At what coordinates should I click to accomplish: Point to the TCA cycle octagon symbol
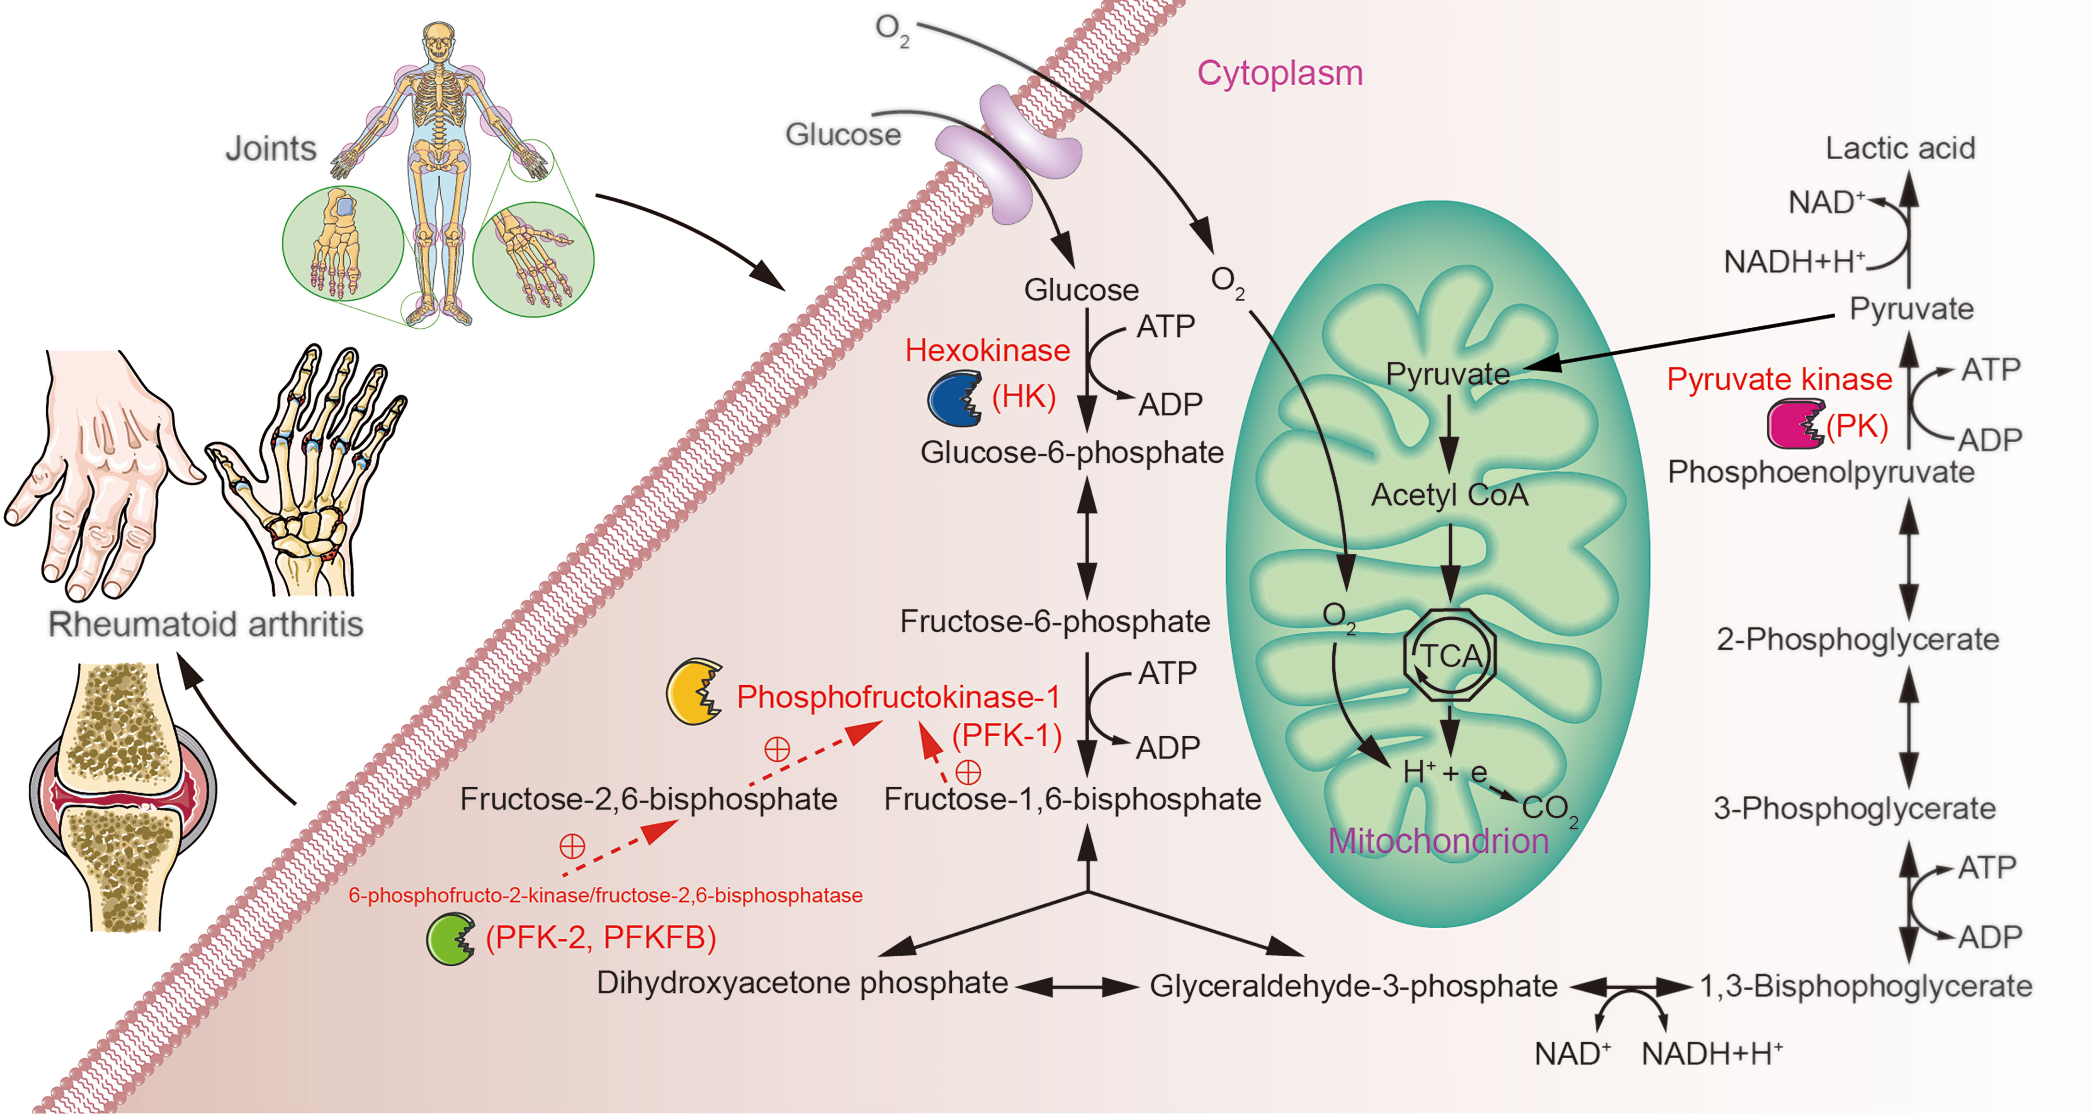click(x=1450, y=655)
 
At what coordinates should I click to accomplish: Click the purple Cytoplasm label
click(x=1280, y=73)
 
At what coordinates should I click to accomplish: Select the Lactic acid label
click(x=1900, y=148)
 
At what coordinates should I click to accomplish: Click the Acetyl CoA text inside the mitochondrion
click(x=1450, y=495)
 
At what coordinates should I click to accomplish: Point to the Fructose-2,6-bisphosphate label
click(x=649, y=799)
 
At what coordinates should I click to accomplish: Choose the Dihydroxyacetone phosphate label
click(x=802, y=983)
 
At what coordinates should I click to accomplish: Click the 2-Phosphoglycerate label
click(x=1857, y=640)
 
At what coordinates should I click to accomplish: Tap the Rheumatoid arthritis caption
click(x=205, y=624)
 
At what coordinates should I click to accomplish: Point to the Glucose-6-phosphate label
click(x=1072, y=453)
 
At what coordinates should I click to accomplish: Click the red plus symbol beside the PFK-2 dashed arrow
click(x=572, y=846)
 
